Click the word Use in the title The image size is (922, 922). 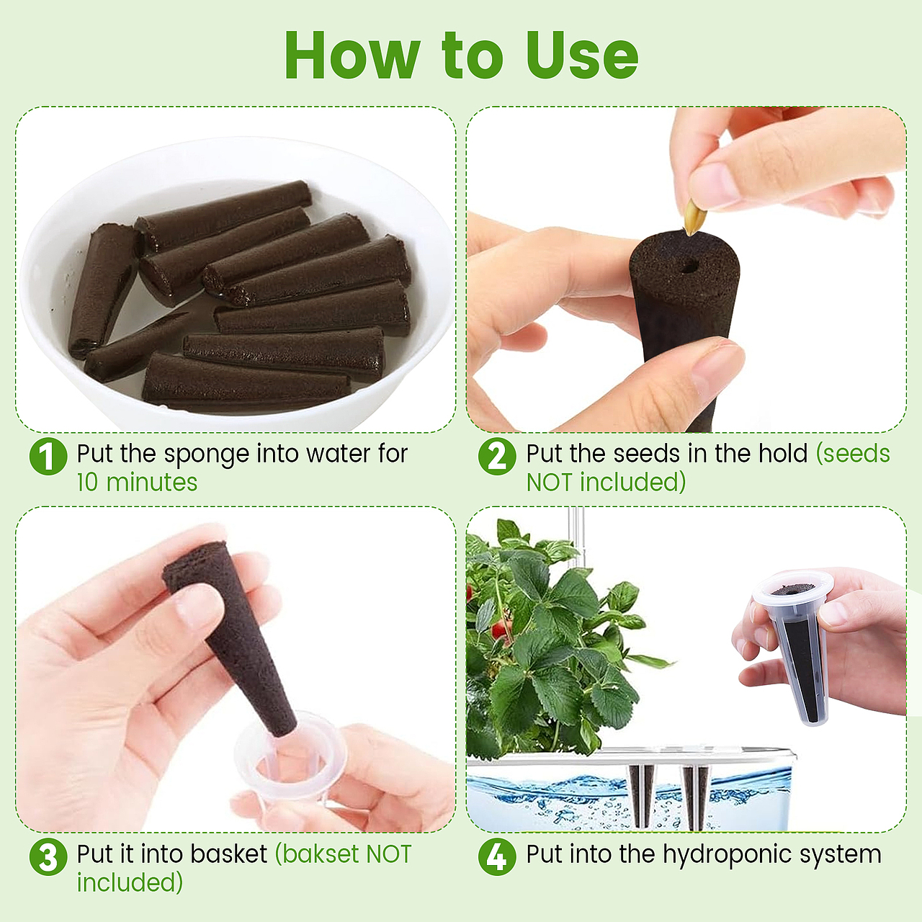click(x=582, y=56)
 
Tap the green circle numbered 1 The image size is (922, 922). click(x=48, y=456)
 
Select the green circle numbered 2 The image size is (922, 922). click(x=497, y=456)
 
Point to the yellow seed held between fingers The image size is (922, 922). click(x=694, y=218)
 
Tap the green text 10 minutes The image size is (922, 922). click(x=138, y=483)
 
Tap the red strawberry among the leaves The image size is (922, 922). click(x=500, y=628)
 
